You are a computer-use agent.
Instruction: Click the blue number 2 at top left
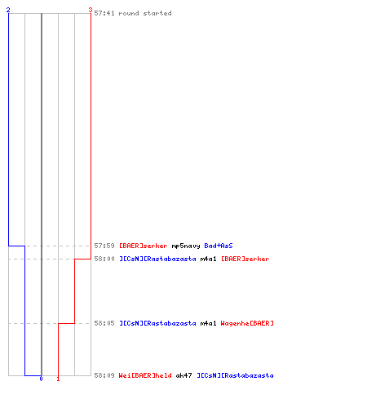pyautogui.click(x=8, y=10)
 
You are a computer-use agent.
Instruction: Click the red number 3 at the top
pyautogui.click(x=91, y=10)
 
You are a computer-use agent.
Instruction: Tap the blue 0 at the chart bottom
pyautogui.click(x=41, y=379)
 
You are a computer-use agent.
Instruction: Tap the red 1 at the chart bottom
pyautogui.click(x=58, y=379)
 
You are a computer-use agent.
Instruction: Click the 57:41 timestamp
pyautogui.click(x=104, y=13)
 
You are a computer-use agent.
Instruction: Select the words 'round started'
pyautogui.click(x=145, y=13)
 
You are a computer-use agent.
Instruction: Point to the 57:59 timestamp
pyautogui.click(x=104, y=246)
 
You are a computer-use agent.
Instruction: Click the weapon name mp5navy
pyautogui.click(x=186, y=246)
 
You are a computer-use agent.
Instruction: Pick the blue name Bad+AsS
pyautogui.click(x=219, y=246)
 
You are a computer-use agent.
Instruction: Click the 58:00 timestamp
pyautogui.click(x=104, y=259)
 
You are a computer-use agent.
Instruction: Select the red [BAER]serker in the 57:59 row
pyautogui.click(x=144, y=246)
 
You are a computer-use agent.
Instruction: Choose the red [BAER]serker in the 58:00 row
pyautogui.click(x=245, y=259)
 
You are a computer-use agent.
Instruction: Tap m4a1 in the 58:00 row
pyautogui.click(x=209, y=259)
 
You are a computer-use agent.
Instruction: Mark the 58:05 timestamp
pyautogui.click(x=104, y=323)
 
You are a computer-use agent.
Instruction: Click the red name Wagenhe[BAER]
pyautogui.click(x=247, y=323)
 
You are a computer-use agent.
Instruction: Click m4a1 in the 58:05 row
pyautogui.click(x=209, y=323)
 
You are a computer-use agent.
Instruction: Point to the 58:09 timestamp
pyautogui.click(x=104, y=375)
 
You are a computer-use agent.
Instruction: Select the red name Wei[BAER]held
pyautogui.click(x=145, y=375)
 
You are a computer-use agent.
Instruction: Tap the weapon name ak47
pyautogui.click(x=184, y=375)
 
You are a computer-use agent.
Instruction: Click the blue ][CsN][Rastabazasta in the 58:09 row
pyautogui.click(x=235, y=375)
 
